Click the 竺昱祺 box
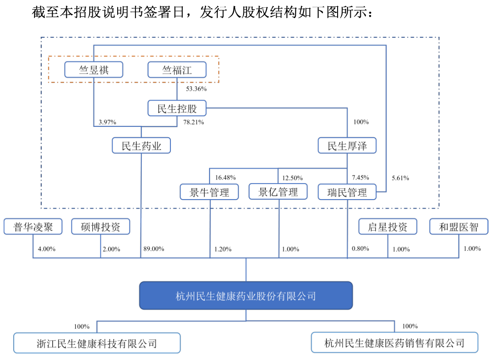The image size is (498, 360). (94, 70)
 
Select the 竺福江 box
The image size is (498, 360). (177, 70)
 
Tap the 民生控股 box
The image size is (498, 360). (177, 108)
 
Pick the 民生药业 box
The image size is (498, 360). (141, 145)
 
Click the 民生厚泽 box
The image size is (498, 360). (347, 145)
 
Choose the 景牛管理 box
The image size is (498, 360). (209, 192)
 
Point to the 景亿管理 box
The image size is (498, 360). (278, 192)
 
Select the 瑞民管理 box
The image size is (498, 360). (347, 192)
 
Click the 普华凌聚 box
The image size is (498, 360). (33, 226)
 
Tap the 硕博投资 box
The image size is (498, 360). (101, 226)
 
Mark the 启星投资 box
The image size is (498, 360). (388, 226)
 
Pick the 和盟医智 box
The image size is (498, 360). (458, 226)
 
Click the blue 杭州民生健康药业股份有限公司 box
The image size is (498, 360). (246, 295)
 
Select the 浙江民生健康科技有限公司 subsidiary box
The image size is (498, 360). (97, 343)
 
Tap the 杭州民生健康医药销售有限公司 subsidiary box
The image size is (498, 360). (394, 343)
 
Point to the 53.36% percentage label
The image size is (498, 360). (196, 89)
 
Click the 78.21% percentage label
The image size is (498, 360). (194, 122)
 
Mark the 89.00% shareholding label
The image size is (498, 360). (154, 249)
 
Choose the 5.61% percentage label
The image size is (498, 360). (400, 178)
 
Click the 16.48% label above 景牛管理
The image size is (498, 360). (225, 177)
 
